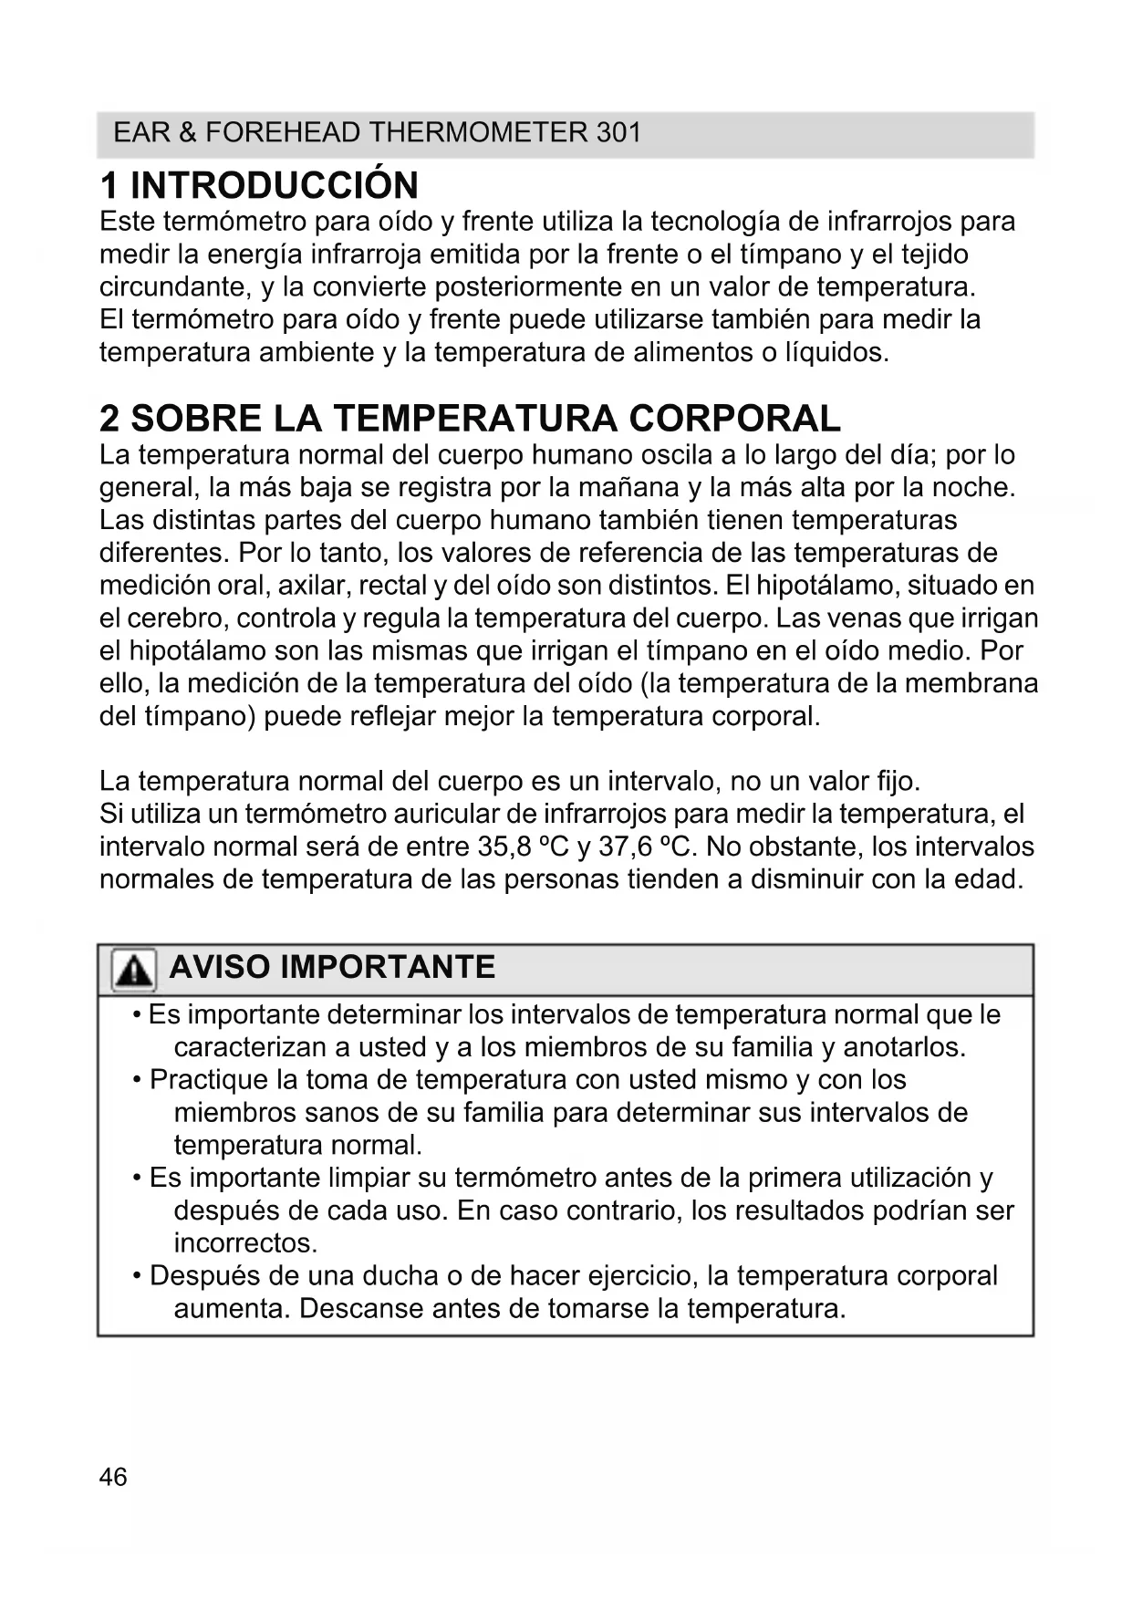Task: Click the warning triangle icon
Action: point(133,970)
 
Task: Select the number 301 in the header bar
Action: point(618,133)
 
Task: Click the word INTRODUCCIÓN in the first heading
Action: point(275,185)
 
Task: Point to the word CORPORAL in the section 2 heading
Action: point(734,419)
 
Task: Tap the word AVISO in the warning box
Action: point(219,967)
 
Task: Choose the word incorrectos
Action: point(245,1242)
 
